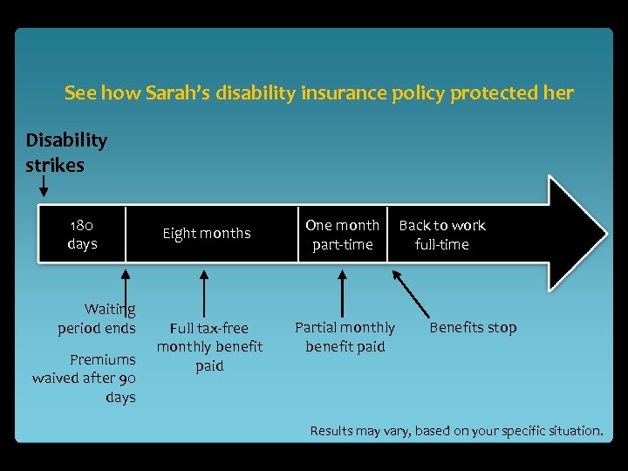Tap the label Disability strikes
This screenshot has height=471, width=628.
66,153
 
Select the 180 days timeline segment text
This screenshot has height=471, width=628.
82,234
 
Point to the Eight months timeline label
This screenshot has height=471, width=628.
207,233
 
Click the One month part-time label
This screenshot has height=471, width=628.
342,235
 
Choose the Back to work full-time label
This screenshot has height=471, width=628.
442,235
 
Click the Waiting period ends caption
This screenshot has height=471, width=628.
97,318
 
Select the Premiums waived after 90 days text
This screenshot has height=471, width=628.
85,379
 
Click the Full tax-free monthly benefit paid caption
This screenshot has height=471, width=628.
209,346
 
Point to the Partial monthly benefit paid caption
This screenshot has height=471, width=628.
345,337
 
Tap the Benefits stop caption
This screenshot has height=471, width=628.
473,328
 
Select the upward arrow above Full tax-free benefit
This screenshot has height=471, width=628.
204,292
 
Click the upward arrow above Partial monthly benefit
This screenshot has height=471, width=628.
342,292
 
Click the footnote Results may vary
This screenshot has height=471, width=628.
456,431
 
